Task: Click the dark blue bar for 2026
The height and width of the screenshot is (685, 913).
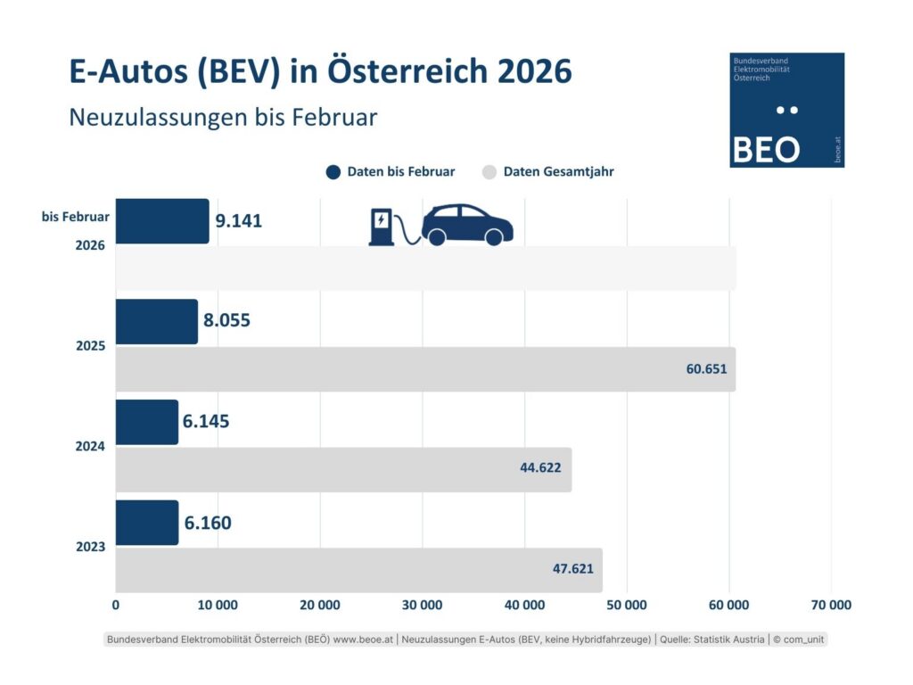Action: pyautogui.click(x=161, y=221)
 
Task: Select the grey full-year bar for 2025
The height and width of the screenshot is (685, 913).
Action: pyautogui.click(x=424, y=369)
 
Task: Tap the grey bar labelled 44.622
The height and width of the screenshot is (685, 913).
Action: pyautogui.click(x=343, y=469)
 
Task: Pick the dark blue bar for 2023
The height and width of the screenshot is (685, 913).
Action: pyautogui.click(x=146, y=523)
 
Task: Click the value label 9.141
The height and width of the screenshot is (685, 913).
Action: pyautogui.click(x=239, y=221)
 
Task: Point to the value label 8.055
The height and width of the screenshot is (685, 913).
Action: pyautogui.click(x=226, y=320)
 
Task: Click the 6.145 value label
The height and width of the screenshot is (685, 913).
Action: pyautogui.click(x=206, y=421)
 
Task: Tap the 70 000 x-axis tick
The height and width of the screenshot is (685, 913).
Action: pyautogui.click(x=830, y=605)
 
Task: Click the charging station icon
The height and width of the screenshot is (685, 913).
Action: pyautogui.click(x=381, y=227)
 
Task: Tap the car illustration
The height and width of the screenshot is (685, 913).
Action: pyautogui.click(x=467, y=225)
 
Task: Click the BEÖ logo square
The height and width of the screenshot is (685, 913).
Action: pyautogui.click(x=786, y=110)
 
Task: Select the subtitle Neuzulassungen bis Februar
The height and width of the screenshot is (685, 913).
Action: pyautogui.click(x=223, y=117)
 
